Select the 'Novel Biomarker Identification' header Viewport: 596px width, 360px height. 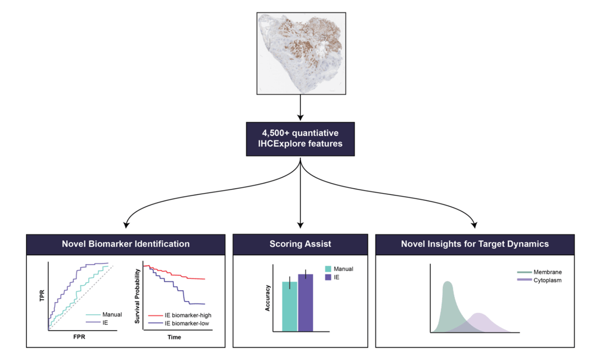pos(126,244)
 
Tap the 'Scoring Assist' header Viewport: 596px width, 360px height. pos(300,244)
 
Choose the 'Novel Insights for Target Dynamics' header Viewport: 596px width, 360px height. pos(475,244)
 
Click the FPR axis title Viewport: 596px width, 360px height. pos(80,337)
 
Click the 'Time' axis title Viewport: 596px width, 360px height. pos(174,337)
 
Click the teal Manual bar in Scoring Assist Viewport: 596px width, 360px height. pos(289,306)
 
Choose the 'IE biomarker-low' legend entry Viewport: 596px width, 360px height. pos(185,324)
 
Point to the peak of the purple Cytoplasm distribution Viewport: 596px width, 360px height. pos(479,314)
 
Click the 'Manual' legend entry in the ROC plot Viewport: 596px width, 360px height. pos(105,315)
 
